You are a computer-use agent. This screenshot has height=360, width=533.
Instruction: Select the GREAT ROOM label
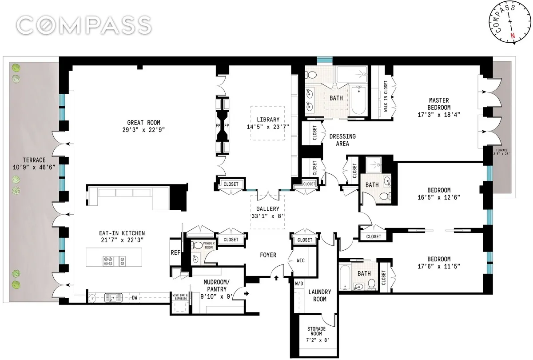[143, 123]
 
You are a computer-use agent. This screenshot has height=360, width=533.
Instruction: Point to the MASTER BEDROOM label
[439, 104]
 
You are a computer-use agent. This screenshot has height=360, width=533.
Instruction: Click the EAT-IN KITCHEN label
[122, 233]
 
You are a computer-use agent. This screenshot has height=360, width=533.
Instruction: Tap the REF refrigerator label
[175, 252]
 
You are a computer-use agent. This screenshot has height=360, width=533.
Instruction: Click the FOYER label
[268, 255]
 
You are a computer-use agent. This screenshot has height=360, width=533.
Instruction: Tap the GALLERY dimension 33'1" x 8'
[268, 216]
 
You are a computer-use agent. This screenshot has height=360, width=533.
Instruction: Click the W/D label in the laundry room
[299, 283]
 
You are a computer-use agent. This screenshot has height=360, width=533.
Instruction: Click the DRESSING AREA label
[342, 140]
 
